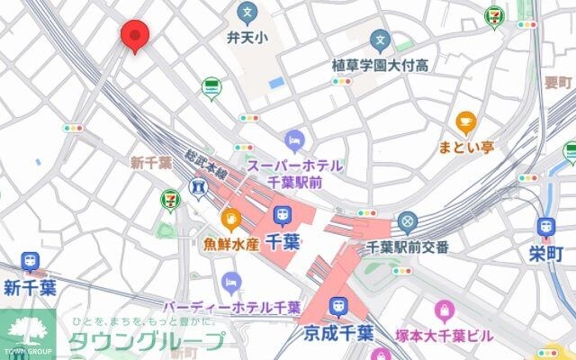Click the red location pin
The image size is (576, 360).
point(134,35)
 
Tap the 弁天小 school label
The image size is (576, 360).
point(246,38)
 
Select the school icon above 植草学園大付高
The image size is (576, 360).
point(381,40)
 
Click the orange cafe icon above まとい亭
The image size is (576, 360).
point(465,121)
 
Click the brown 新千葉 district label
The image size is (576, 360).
point(151,163)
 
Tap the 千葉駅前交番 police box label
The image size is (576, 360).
point(408,247)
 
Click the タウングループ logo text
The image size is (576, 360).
point(148,342)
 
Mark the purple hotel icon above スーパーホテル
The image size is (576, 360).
point(294,141)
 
